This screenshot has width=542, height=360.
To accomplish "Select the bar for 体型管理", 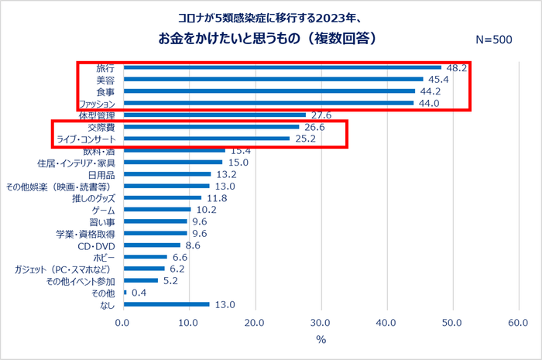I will point(214,115).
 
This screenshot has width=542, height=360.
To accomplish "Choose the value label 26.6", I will point(314,127).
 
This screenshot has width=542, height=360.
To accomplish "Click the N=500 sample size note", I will point(492,39).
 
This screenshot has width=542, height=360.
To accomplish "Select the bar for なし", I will point(166,304).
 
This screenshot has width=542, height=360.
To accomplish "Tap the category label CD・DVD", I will point(96,245).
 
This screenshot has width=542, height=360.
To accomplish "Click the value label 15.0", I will point(238,163).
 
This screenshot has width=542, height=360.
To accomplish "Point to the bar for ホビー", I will point(145,257).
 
